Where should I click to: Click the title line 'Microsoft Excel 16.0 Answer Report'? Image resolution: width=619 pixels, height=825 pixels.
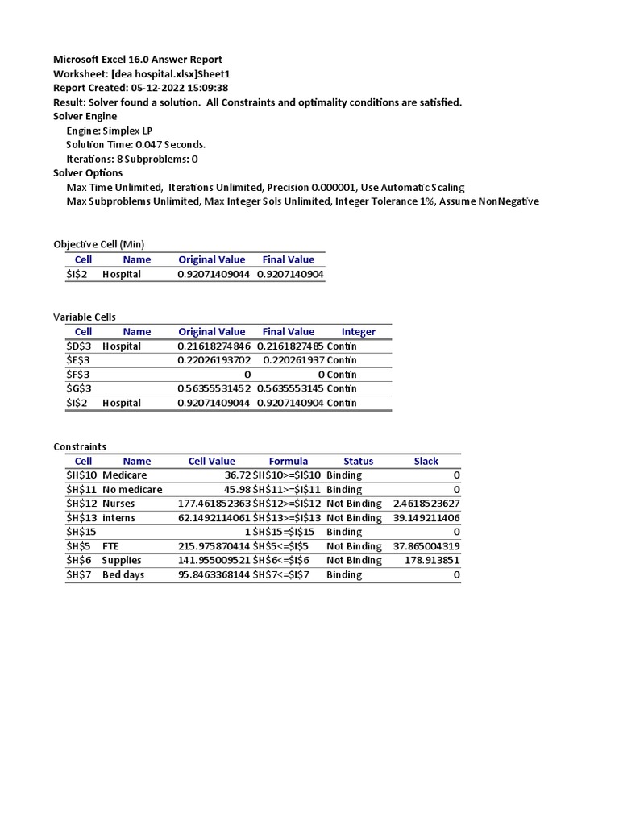(138, 60)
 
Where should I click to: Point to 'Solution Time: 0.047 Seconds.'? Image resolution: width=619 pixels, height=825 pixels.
(136, 144)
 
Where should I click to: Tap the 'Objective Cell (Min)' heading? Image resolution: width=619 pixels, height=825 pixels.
(99, 244)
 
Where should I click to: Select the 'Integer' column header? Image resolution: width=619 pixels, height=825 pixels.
(359, 332)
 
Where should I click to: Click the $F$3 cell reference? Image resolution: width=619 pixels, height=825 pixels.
(78, 375)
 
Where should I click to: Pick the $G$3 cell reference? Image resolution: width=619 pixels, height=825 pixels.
(78, 388)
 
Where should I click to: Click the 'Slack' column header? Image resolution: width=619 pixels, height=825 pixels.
(426, 462)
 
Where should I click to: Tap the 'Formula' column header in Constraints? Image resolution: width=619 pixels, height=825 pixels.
(289, 462)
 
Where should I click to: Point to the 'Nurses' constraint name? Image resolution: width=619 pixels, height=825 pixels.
(119, 504)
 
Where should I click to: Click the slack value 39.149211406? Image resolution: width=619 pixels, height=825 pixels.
(426, 518)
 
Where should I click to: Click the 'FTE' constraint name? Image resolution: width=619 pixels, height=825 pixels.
(111, 546)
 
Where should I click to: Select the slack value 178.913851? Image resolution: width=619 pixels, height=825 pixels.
(432, 561)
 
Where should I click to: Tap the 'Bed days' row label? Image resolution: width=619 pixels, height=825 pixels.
(123, 575)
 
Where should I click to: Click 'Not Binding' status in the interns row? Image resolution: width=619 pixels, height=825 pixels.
(354, 518)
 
